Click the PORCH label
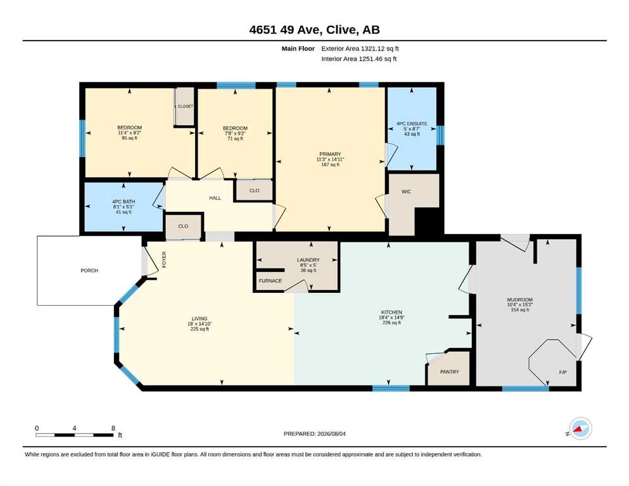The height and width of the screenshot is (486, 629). pyautogui.click(x=89, y=270)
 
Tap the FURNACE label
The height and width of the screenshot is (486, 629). pyautogui.click(x=270, y=280)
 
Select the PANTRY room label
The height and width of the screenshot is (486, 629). pyautogui.click(x=449, y=372)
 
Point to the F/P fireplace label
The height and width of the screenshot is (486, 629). pyautogui.click(x=563, y=372)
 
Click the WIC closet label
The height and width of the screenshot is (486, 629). pyautogui.click(x=407, y=192)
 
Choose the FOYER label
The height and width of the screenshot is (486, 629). pyautogui.click(x=163, y=259)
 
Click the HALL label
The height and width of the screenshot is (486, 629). pyautogui.click(x=215, y=198)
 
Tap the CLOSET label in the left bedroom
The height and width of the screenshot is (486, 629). pyautogui.click(x=186, y=106)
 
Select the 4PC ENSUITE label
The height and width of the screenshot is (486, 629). pyautogui.click(x=412, y=124)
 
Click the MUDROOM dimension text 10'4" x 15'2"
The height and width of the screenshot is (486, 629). pyautogui.click(x=520, y=304)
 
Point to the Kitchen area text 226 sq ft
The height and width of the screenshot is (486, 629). pyautogui.click(x=391, y=323)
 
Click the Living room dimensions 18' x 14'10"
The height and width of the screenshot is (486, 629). pyautogui.click(x=200, y=324)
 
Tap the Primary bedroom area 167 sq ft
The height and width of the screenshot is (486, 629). pyautogui.click(x=330, y=165)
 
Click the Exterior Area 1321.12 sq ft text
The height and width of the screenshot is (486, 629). pyautogui.click(x=360, y=49)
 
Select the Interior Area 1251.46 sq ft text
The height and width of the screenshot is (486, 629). pyautogui.click(x=359, y=59)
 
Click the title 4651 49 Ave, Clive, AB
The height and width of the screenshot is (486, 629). pyautogui.click(x=314, y=30)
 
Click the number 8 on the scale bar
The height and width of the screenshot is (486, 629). pyautogui.click(x=113, y=428)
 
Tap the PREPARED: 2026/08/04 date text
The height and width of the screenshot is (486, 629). pyautogui.click(x=314, y=433)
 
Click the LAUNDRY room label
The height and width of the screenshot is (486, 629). pyautogui.click(x=308, y=260)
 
